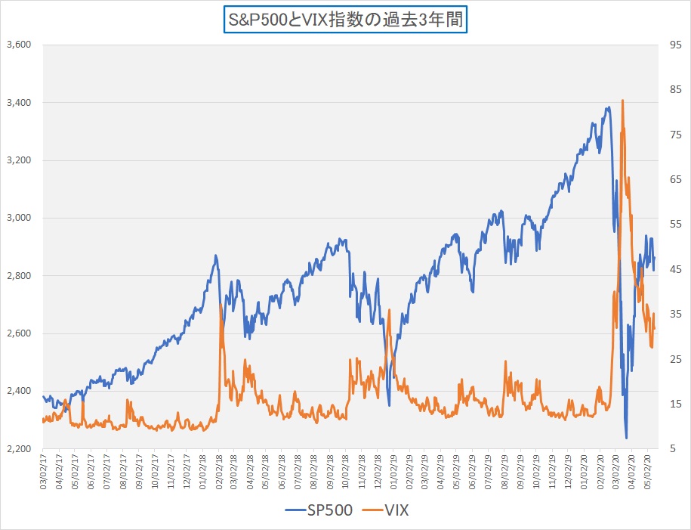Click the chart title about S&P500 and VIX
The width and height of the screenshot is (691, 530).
click(345, 18)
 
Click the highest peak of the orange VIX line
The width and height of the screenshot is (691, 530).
click(622, 100)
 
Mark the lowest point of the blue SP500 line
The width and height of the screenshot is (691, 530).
click(626, 438)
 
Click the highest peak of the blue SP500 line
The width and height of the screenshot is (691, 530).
click(608, 107)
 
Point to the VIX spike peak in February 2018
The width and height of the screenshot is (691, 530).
click(221, 305)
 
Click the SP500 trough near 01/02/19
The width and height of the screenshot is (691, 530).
click(390, 405)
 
